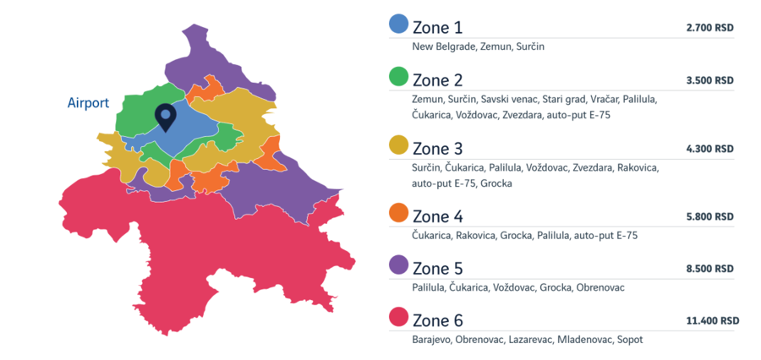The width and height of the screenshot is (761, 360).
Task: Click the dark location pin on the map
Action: click(x=167, y=117)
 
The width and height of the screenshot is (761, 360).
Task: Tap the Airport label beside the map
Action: click(x=89, y=103)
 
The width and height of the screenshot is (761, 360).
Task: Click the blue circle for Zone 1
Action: click(x=398, y=24)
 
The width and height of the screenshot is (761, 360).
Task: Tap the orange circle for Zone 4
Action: click(x=398, y=213)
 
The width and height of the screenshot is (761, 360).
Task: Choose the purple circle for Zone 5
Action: click(x=398, y=265)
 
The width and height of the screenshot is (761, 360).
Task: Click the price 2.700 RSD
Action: click(x=709, y=28)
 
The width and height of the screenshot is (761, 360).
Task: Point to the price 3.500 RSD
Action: click(x=709, y=81)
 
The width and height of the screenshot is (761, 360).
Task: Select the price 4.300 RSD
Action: click(x=709, y=149)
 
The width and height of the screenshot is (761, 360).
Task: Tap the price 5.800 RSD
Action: click(x=709, y=217)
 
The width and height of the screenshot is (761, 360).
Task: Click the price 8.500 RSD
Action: click(x=709, y=269)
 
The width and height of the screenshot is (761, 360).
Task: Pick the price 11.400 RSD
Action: click(x=713, y=321)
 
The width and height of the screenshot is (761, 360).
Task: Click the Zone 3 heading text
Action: click(x=438, y=148)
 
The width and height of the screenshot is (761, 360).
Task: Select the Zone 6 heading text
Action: click(x=438, y=321)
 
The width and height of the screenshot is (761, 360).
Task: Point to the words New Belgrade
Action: click(x=442, y=46)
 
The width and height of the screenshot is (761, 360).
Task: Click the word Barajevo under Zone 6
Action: click(x=431, y=340)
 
